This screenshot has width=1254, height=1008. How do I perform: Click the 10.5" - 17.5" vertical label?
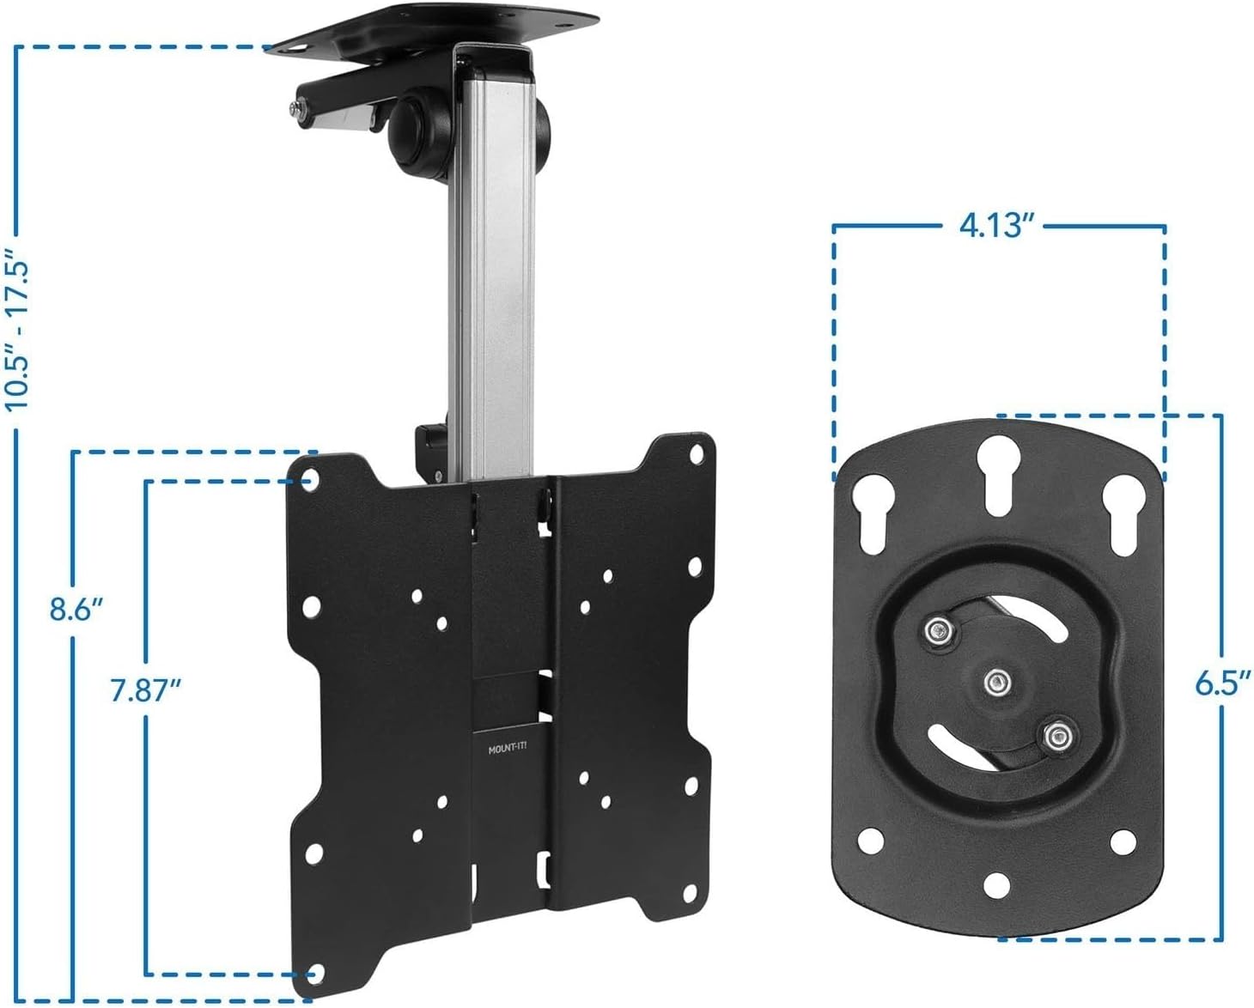(19, 329)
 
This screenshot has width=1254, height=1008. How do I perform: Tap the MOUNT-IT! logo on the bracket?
(508, 750)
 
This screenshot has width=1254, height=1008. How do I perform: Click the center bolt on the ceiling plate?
(995, 683)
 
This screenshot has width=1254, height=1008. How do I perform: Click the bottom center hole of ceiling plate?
(996, 884)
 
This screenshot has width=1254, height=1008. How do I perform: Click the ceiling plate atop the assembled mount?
(434, 26)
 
